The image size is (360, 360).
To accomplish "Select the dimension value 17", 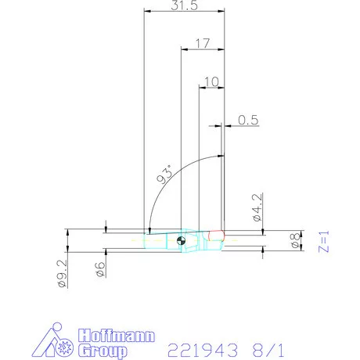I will [x=203, y=44].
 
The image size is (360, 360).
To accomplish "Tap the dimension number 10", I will [x=211, y=81].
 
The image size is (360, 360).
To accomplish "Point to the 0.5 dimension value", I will [x=249, y=120].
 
